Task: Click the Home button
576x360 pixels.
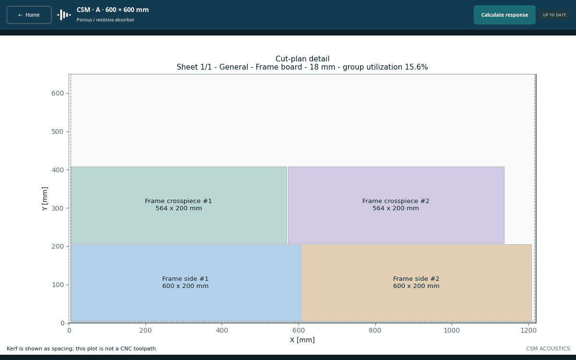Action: pyautogui.click(x=29, y=15)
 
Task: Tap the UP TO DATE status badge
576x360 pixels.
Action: pyautogui.click(x=554, y=15)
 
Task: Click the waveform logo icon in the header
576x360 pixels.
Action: pyautogui.click(x=64, y=15)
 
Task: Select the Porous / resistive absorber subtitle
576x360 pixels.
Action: pyautogui.click(x=106, y=20)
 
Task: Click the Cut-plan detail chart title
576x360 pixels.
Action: pyautogui.click(x=302, y=59)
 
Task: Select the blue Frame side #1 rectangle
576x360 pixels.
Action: pyautogui.click(x=186, y=283)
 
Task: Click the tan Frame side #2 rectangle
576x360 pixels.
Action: pyautogui.click(x=416, y=283)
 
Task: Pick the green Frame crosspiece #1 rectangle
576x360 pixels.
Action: pyautogui.click(x=179, y=205)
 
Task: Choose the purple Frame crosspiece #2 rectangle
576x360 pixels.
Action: pyautogui.click(x=396, y=205)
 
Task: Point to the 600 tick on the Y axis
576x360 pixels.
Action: pyautogui.click(x=68, y=93)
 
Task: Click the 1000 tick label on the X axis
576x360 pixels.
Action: pyautogui.click(x=452, y=330)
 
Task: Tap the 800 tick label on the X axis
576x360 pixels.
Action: pyautogui.click(x=375, y=330)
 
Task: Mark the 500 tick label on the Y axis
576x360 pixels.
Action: pyautogui.click(x=58, y=132)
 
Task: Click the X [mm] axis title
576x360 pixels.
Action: pyautogui.click(x=302, y=340)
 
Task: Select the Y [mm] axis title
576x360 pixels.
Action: pyautogui.click(x=45, y=199)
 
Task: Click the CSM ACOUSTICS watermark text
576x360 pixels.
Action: pyautogui.click(x=548, y=348)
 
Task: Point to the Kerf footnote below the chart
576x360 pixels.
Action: pyautogui.click(x=82, y=348)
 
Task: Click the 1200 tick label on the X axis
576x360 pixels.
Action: pyautogui.click(x=528, y=330)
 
